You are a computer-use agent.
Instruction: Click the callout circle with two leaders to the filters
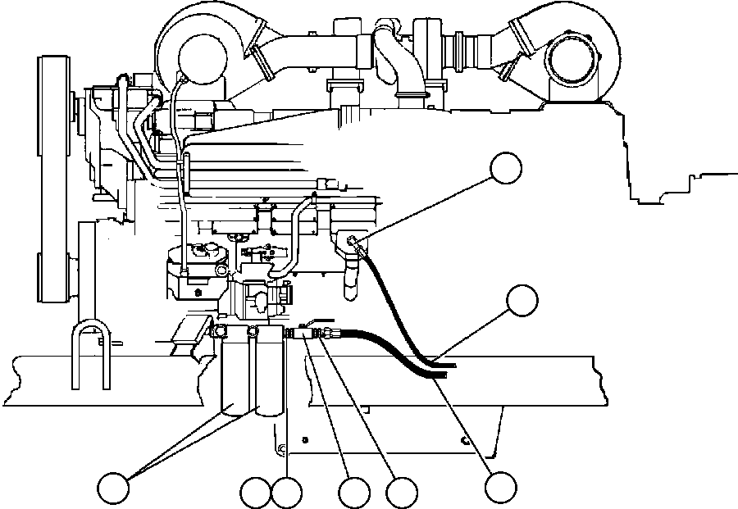coord(113,489)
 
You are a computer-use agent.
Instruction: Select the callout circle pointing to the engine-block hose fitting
coord(505,168)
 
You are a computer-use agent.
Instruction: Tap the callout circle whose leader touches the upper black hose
coord(522,301)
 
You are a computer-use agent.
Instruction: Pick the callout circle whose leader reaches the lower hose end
coord(499,487)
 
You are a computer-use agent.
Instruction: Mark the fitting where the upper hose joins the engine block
coord(353,240)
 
